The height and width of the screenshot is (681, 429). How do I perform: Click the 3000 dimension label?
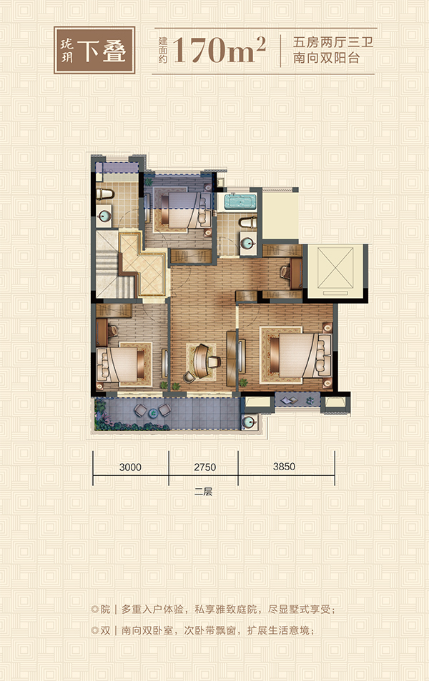[x=130, y=467]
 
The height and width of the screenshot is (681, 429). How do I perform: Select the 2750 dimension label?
[x=204, y=467]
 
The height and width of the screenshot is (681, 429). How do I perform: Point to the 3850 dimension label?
[x=284, y=467]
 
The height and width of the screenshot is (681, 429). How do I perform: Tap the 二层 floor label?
[x=203, y=492]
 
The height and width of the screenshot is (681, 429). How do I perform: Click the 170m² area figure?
[x=220, y=51]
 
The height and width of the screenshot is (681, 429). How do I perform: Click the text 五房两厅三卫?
[x=333, y=43]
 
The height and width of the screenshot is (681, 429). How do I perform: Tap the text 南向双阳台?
[x=326, y=58]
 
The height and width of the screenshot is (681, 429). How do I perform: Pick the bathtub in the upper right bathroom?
[x=240, y=202]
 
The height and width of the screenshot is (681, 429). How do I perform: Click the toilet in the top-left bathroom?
[x=104, y=192]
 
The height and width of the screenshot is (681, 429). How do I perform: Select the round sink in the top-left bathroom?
[x=104, y=215]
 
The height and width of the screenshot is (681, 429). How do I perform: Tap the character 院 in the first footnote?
[x=105, y=610]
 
